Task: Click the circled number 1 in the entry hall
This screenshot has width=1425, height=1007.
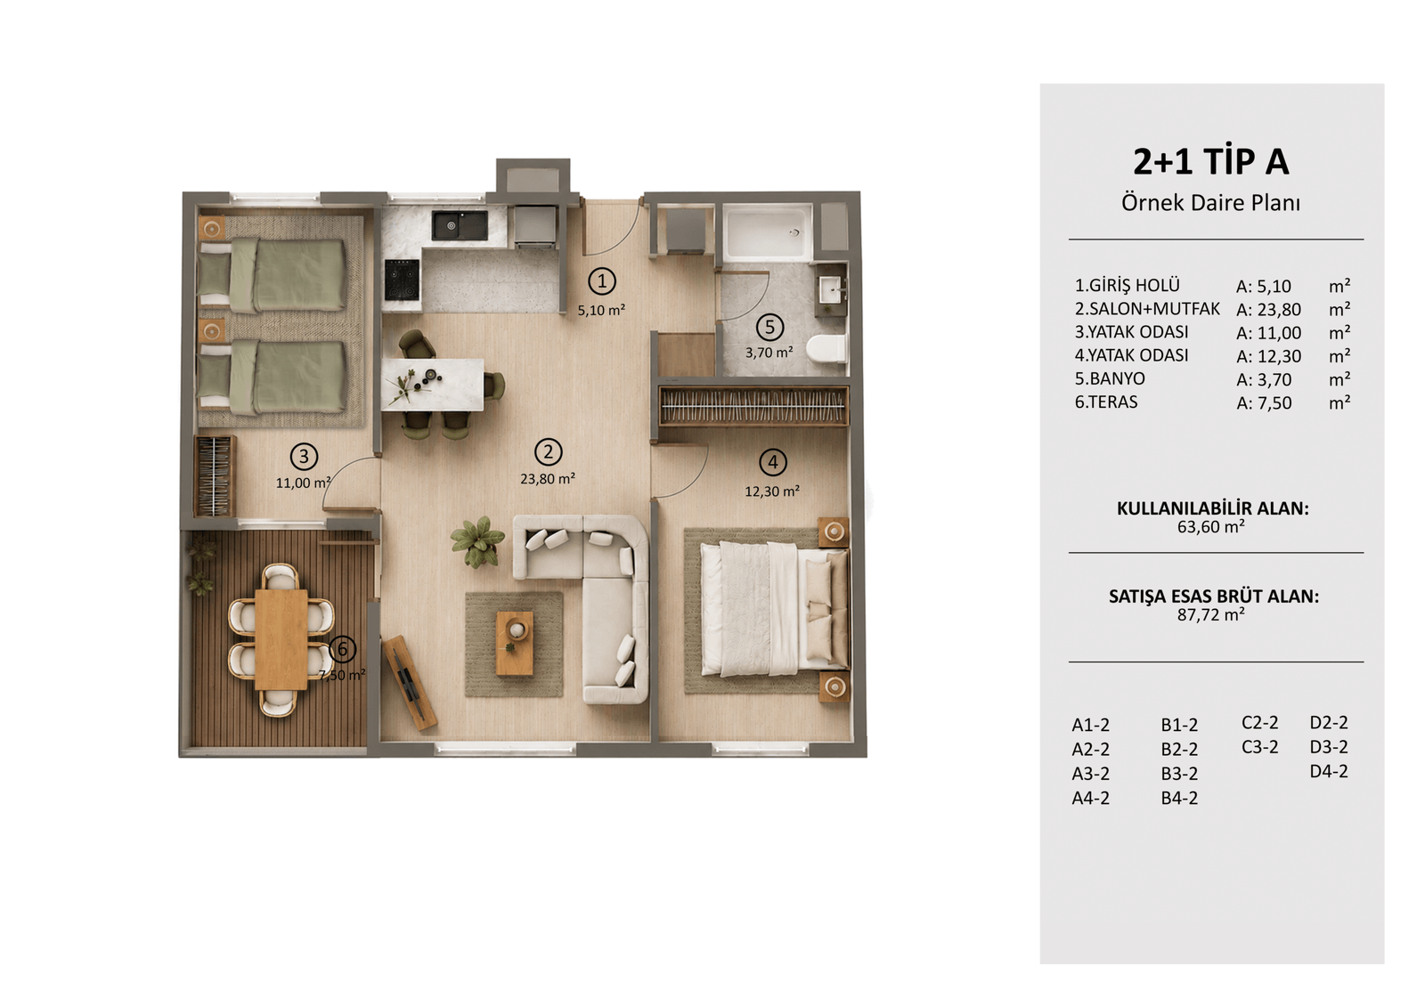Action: point(602,281)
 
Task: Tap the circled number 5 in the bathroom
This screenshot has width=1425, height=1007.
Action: point(769,327)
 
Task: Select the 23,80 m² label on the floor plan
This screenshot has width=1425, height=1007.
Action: point(548,478)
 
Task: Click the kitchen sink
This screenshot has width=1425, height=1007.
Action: point(460,226)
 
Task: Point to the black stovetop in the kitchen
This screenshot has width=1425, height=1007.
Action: point(402,280)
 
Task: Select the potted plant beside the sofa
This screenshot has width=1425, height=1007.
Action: point(477,541)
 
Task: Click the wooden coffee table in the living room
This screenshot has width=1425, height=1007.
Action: point(515,643)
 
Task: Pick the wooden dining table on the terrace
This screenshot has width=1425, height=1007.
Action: point(281,639)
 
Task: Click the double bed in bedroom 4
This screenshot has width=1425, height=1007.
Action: point(774,609)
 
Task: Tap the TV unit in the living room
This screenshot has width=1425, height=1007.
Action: point(410,682)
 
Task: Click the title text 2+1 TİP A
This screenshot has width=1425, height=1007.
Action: point(1210,161)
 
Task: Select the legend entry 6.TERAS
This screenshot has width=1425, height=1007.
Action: point(1106,402)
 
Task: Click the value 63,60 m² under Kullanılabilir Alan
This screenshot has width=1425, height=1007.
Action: point(1210,527)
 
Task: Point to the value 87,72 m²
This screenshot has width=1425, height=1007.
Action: point(1210,614)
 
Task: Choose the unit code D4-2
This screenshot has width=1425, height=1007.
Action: point(1328,771)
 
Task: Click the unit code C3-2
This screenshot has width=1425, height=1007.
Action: point(1259,747)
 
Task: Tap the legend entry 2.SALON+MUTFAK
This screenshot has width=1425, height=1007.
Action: point(1148,309)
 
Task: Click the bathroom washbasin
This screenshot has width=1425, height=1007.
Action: point(831,291)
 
